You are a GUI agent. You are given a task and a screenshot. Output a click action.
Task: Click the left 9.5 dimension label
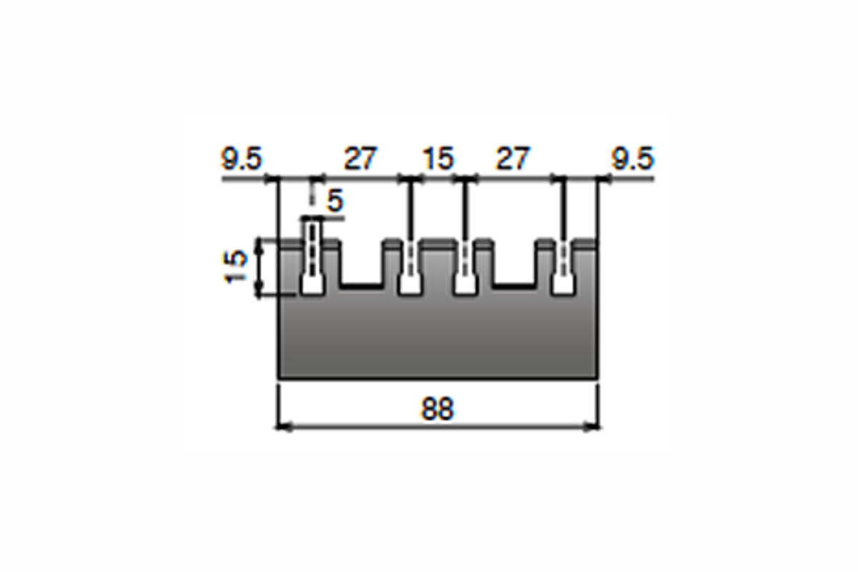(242, 159)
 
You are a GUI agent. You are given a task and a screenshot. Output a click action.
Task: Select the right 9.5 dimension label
(633, 159)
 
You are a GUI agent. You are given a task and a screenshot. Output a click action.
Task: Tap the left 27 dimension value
(360, 159)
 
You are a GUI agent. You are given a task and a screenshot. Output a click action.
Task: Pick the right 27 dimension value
(513, 159)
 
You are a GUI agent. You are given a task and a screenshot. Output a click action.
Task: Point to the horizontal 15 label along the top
(438, 159)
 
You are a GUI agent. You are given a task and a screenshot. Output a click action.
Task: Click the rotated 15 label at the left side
(235, 267)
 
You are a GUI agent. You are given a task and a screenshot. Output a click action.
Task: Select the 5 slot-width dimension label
(335, 201)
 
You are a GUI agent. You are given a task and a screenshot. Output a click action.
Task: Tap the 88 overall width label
(437, 409)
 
